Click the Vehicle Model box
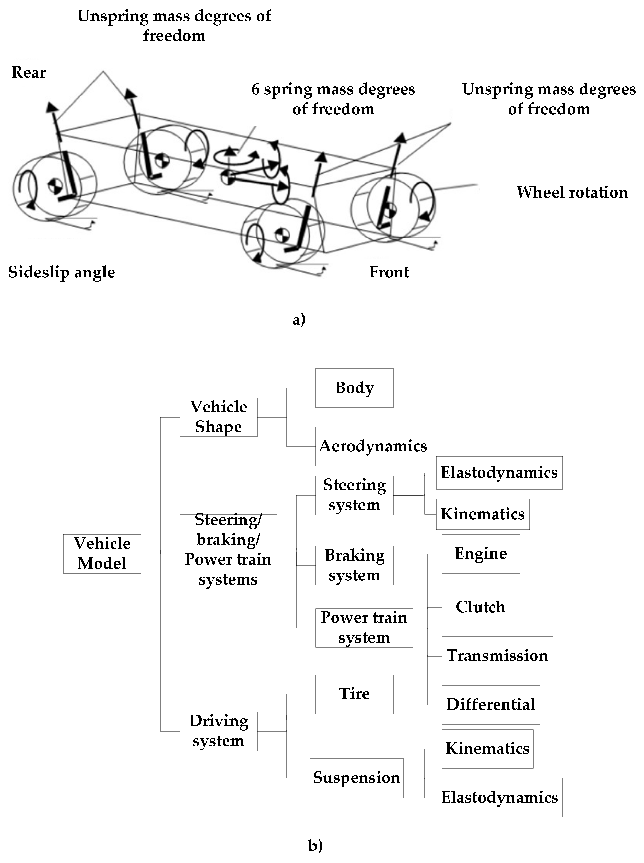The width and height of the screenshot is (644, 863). [x=102, y=554]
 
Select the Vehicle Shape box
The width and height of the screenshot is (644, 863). [x=218, y=417]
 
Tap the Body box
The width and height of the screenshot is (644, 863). [x=354, y=388]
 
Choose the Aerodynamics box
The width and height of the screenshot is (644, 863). [x=373, y=446]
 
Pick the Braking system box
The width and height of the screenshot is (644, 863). [x=354, y=565]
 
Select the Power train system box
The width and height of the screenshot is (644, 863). [x=364, y=628]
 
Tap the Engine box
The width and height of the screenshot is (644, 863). [x=481, y=554]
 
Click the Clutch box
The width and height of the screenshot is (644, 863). [x=481, y=608]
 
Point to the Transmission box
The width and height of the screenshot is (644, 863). [x=497, y=656]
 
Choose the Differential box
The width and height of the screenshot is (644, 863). [x=491, y=705]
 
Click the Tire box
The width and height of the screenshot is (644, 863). [x=354, y=694]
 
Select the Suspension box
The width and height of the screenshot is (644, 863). [x=357, y=778]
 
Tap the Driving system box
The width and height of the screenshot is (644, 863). [x=218, y=731]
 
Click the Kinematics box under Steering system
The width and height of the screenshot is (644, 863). [x=483, y=514]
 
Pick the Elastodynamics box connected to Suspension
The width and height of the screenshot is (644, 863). [x=499, y=798]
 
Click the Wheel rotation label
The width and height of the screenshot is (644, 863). [x=572, y=192]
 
